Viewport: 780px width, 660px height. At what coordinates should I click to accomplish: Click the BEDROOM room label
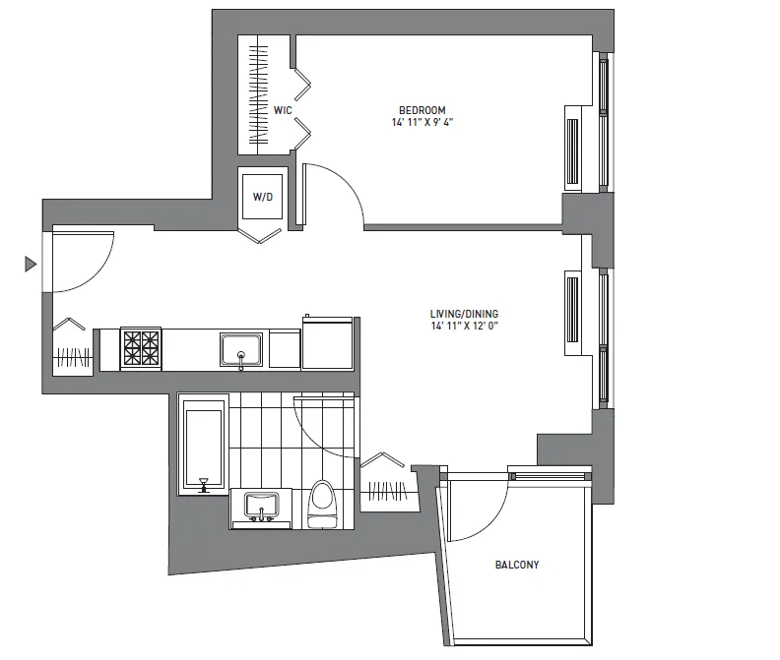pyautogui.click(x=422, y=109)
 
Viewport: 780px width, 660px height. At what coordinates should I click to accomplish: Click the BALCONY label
pyautogui.click(x=516, y=566)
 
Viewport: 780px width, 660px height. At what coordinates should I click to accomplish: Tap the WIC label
pyautogui.click(x=282, y=110)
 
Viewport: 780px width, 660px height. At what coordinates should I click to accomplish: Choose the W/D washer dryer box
pyautogui.click(x=262, y=197)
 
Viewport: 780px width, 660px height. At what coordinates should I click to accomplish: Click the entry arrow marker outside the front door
pyautogui.click(x=31, y=264)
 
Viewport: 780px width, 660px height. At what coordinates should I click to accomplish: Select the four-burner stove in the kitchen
pyautogui.click(x=141, y=348)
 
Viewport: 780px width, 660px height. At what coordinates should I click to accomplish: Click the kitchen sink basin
pyautogui.click(x=241, y=348)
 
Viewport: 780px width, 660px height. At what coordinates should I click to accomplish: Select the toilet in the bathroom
pyautogui.click(x=319, y=502)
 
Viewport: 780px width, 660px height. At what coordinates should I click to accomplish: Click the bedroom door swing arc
pyautogui.click(x=340, y=192)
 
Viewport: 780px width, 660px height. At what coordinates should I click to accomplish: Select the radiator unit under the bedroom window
pyautogui.click(x=572, y=149)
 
